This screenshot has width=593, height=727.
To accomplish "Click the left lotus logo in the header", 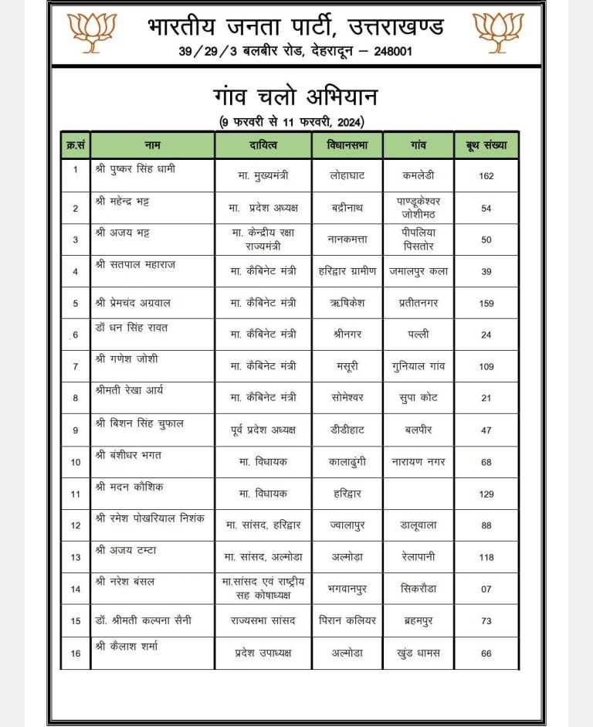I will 92,32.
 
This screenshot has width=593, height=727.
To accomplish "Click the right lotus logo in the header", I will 498,32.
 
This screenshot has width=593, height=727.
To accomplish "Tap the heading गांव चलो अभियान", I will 296,99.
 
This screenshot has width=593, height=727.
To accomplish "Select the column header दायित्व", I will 263,145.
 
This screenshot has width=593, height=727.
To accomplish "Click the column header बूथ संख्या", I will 486,145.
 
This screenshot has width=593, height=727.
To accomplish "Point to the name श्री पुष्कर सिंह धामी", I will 135,168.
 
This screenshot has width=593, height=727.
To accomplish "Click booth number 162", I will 486,176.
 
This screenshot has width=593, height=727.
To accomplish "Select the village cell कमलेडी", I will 418,175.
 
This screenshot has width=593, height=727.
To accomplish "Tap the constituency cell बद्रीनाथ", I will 347,208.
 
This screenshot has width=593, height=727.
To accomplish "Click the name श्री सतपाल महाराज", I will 134,264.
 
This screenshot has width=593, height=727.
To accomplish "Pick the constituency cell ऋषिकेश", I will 347,303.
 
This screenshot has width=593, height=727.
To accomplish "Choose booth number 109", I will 486,366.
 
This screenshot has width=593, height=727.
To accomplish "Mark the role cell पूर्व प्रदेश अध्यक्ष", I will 263,430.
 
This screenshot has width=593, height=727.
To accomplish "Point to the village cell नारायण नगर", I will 418,461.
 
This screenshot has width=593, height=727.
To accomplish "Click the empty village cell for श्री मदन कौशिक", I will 418,493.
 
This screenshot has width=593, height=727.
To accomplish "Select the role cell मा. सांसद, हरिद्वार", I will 263,525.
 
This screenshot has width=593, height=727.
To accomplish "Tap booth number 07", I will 486,589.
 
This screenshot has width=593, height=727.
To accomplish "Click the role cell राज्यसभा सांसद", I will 263,620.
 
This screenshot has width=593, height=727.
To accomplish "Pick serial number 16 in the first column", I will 76,653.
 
